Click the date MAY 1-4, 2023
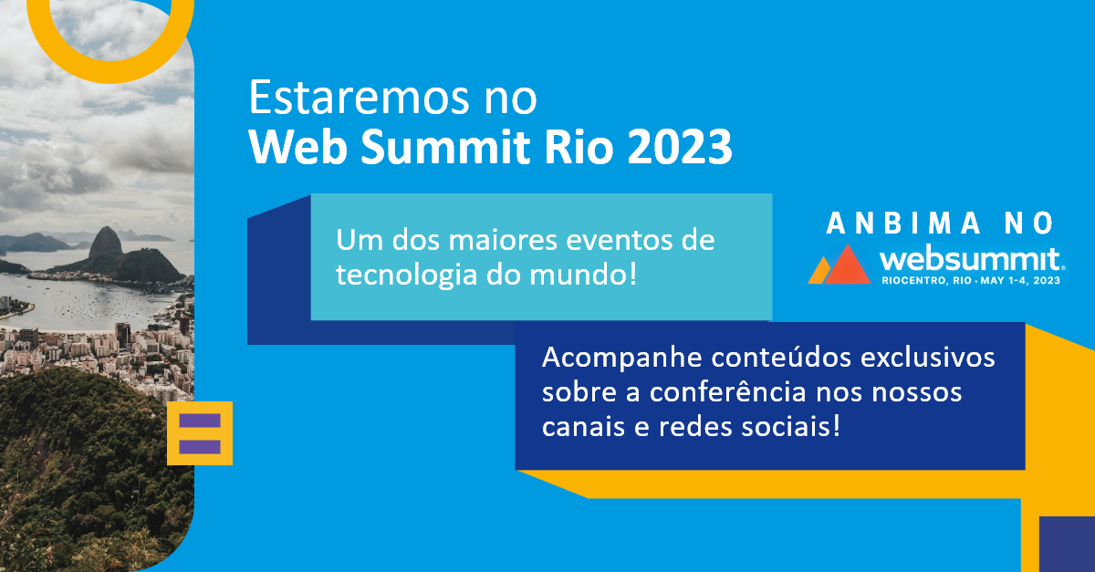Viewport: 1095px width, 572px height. point(1022,282)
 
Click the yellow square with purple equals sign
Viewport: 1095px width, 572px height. point(200,433)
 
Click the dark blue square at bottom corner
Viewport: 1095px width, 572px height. point(1066,544)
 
